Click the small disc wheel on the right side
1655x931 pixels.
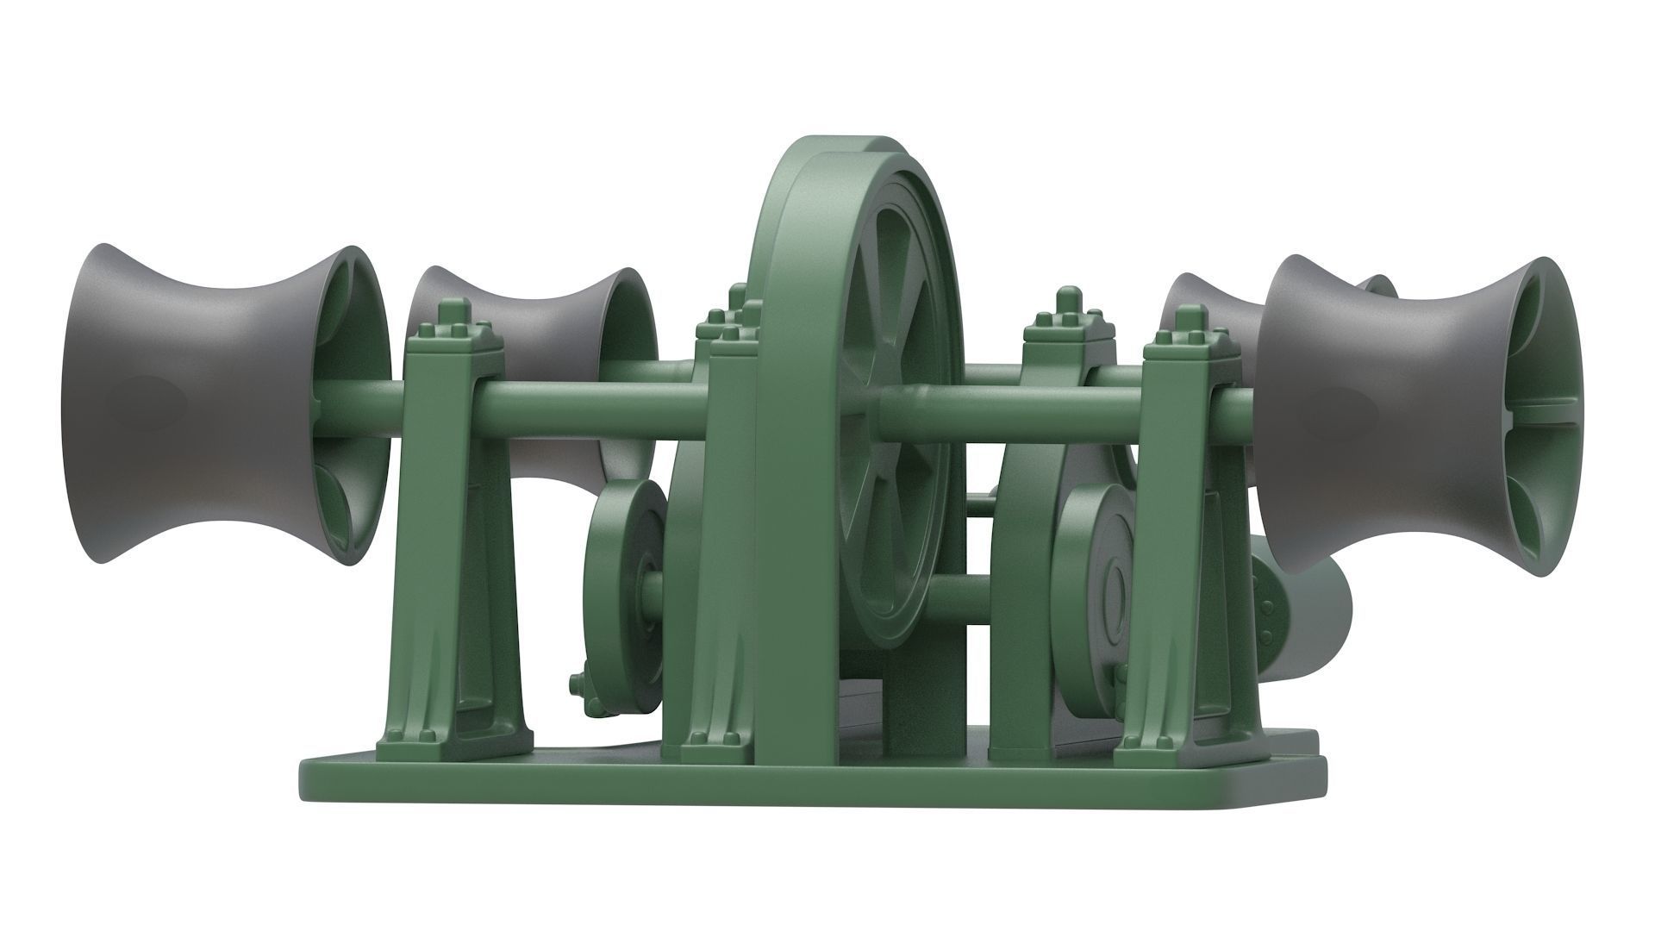[x=1103, y=586]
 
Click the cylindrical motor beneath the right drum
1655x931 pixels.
[x=1310, y=612]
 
